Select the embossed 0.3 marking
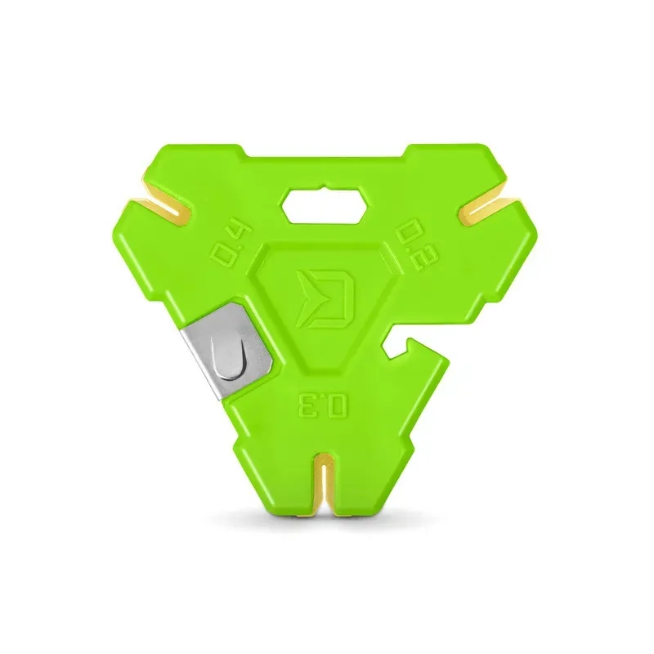pos(322,403)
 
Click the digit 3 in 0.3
pos(309,403)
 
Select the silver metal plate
pos(228,352)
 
